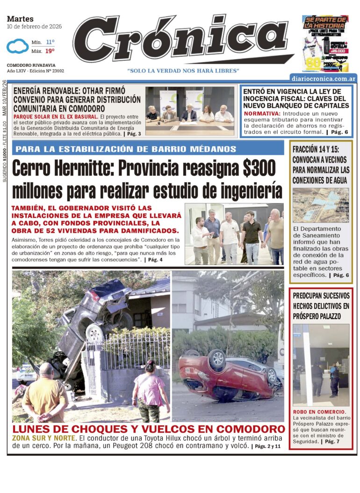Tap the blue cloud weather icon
tap(18, 46)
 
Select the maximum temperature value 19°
tap(50, 50)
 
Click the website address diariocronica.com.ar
tap(323, 78)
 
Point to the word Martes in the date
tap(21, 19)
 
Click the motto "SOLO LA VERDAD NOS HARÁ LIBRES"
tap(183, 71)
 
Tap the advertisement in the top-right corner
tap(325, 43)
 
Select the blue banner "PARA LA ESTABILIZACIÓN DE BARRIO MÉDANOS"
tap(148, 149)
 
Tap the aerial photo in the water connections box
tap(320, 205)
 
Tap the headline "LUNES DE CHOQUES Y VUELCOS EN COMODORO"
tap(148, 429)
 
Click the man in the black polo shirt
tap(252, 236)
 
